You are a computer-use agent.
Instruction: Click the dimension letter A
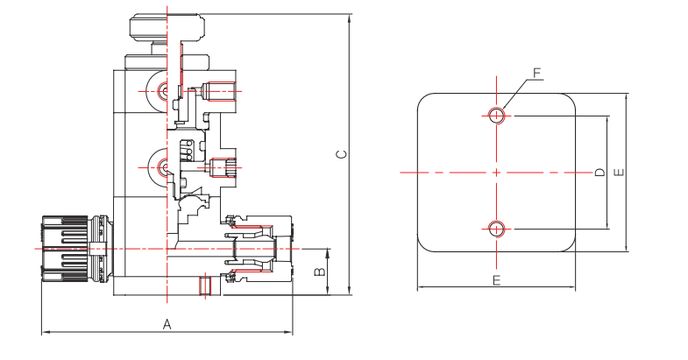click(x=167, y=323)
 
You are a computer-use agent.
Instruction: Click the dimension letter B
click(x=320, y=272)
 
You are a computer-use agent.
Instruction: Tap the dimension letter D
click(x=599, y=173)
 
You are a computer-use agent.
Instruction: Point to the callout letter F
click(x=538, y=73)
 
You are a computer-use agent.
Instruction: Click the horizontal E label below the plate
click(x=496, y=280)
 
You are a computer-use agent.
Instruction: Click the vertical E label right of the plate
click(x=619, y=173)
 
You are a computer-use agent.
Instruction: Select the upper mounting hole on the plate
click(x=497, y=115)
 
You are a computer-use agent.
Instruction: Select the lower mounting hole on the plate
click(x=497, y=229)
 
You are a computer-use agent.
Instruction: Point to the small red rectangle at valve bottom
click(x=205, y=286)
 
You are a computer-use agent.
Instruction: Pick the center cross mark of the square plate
click(x=497, y=173)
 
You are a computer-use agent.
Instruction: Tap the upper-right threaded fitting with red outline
click(x=216, y=90)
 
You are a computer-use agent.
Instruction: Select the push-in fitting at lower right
click(x=259, y=249)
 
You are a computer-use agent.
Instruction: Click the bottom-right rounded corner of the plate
click(x=567, y=244)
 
